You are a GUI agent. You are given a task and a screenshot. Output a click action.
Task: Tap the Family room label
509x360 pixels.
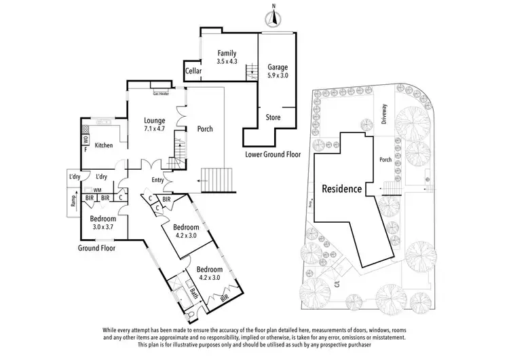227,54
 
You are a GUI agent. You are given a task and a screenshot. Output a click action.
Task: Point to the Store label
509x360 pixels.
273,117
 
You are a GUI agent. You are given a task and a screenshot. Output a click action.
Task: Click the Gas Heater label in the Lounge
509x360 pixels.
162,94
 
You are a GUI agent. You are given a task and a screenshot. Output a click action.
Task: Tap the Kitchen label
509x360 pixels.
103,145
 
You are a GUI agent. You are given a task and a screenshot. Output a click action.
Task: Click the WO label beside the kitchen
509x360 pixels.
85,141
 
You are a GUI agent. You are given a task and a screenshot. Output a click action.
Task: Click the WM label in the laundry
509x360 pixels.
98,190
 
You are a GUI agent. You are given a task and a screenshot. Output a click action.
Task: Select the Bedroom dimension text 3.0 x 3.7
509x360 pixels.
103,227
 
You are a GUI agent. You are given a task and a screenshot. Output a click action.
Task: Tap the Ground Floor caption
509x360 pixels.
96,249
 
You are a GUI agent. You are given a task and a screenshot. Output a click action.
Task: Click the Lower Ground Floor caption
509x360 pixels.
273,155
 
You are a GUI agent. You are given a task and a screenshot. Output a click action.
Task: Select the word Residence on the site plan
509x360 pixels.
341,189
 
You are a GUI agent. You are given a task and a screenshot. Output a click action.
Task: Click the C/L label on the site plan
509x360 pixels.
335,276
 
